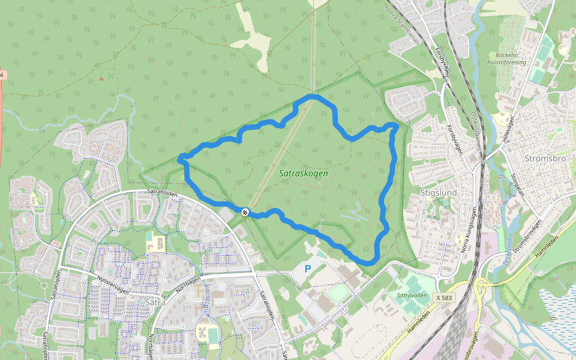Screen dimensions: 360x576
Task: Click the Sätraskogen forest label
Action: pos(304,173)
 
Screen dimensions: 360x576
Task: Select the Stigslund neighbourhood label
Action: pos(439,193)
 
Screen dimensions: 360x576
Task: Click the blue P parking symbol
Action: pos(308,269)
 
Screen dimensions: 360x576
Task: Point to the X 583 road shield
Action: pos(445,298)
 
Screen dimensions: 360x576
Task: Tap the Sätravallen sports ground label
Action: pos(412,295)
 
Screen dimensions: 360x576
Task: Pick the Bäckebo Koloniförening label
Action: pos(506,58)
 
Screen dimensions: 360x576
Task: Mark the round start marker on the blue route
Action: pos(245,212)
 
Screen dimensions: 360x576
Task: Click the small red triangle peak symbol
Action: pos(101,78)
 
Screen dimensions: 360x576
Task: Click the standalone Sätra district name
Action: pos(155,302)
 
